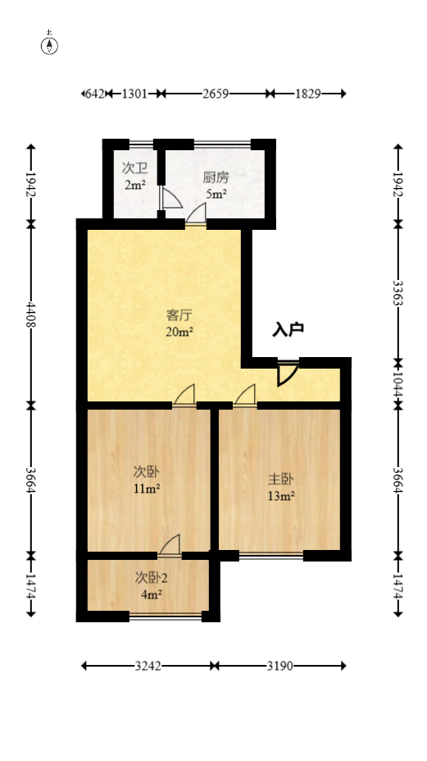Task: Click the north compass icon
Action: pos(50,45)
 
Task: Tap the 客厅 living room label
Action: pos(179,314)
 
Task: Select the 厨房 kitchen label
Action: pos(215,176)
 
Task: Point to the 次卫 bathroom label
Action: pos(134,168)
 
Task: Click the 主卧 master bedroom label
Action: pos(280,479)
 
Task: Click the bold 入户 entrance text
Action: pos(288,330)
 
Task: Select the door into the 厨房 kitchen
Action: pos(196,215)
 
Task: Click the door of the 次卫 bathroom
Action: pos(170,199)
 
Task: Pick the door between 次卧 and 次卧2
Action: pos(170,546)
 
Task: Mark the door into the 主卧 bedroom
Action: pos(244,396)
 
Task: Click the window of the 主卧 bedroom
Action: pos(270,556)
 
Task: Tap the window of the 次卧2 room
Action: pos(166,616)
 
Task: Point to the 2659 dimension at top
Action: pos(215,94)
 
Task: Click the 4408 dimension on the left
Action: pos(31,314)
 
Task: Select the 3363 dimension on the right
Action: pos(397,293)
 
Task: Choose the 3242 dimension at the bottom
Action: pos(148,666)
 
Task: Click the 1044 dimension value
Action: pos(397,383)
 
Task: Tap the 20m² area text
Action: pos(179,332)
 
